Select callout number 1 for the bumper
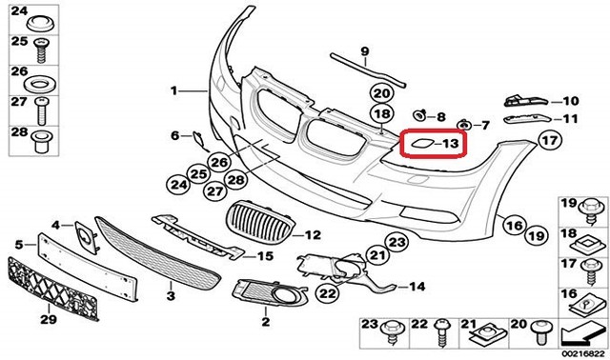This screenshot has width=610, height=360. [174, 91]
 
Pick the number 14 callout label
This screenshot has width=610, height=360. [416, 286]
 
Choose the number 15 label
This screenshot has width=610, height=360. [264, 255]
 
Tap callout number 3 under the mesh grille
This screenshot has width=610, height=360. [171, 297]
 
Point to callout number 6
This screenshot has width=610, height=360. [175, 135]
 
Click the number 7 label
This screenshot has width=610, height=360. [483, 125]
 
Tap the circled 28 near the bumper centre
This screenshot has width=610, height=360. [234, 178]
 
